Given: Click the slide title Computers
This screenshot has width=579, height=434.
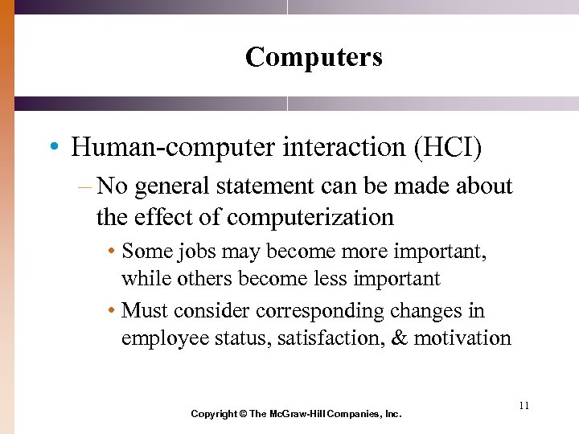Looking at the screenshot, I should [x=314, y=57].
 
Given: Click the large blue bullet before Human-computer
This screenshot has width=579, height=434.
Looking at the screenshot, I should [x=52, y=149].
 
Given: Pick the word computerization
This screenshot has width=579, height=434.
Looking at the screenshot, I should [x=310, y=218].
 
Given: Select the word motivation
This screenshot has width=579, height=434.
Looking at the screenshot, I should [x=462, y=338].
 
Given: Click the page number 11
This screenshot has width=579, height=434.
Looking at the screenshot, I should [x=524, y=406].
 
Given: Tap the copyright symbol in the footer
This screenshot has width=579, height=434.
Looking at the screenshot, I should [x=244, y=414].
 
